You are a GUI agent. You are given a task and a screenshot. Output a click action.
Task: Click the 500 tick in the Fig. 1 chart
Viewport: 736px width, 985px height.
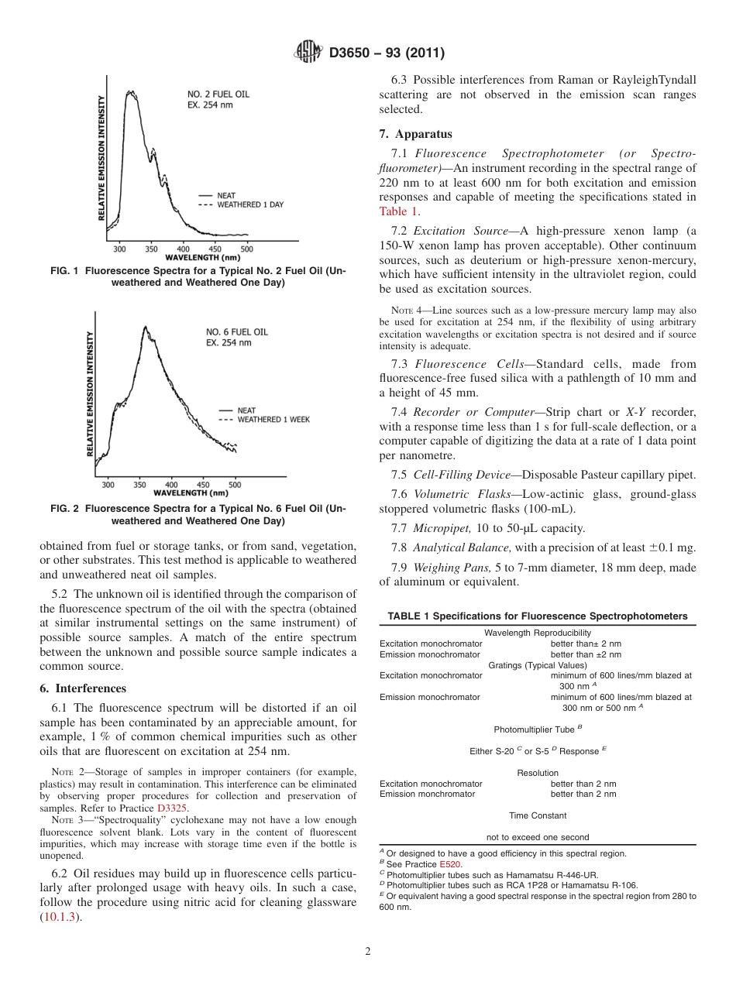(x=246, y=249)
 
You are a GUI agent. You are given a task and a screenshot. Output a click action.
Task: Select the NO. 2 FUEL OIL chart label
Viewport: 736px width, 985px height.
(x=218, y=94)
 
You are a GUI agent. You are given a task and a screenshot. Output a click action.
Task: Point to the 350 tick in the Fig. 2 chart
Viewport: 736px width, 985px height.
(x=139, y=485)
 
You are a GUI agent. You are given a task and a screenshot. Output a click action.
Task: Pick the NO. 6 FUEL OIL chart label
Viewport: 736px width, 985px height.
(x=232, y=331)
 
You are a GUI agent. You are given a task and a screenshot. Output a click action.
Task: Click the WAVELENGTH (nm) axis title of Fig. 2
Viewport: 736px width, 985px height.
(x=191, y=492)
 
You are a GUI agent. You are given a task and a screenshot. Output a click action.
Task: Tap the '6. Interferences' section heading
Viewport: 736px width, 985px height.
(x=82, y=688)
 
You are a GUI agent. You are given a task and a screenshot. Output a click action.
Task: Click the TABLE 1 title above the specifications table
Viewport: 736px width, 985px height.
(x=537, y=616)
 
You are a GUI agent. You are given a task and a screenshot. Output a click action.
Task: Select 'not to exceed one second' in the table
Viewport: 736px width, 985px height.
(x=537, y=837)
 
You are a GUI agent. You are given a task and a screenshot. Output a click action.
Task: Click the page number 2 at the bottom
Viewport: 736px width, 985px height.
(x=368, y=952)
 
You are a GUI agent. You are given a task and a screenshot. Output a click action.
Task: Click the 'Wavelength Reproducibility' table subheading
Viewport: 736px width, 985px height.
(x=537, y=633)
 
